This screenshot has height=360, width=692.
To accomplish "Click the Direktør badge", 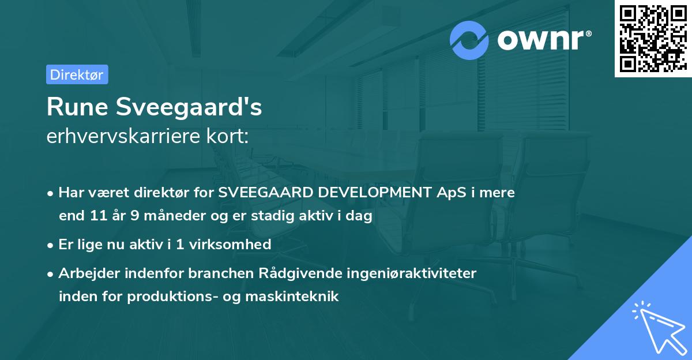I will click(x=77, y=74).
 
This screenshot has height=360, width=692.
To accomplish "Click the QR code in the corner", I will click(x=653, y=39).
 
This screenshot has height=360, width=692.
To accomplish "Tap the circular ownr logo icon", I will click(x=469, y=40).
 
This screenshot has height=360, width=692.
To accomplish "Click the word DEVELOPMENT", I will click(x=369, y=193).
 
